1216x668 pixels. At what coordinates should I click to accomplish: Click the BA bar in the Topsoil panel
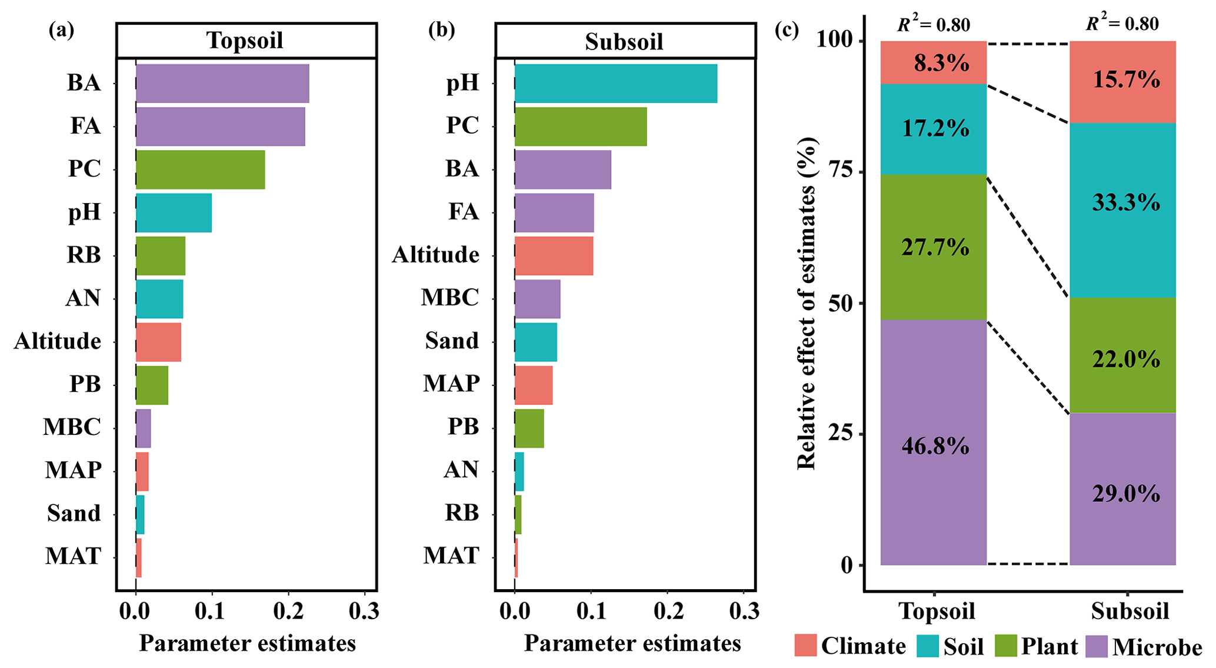pyautogui.click(x=222, y=84)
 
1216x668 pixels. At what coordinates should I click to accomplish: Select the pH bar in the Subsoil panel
pyautogui.click(x=615, y=84)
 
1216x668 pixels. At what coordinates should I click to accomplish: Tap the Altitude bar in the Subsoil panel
pyautogui.click(x=554, y=255)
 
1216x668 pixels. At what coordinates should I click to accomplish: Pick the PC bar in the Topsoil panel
pyautogui.click(x=200, y=170)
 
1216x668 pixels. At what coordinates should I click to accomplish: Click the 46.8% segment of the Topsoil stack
pyautogui.click(x=934, y=443)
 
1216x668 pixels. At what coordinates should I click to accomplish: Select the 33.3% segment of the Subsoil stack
pyautogui.click(x=1122, y=210)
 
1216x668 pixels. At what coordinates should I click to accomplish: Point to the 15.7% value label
pyautogui.click(x=1126, y=79)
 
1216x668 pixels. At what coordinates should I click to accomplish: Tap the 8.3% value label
pyautogui.click(x=941, y=62)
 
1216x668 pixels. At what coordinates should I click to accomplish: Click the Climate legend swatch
pyautogui.click(x=805, y=646)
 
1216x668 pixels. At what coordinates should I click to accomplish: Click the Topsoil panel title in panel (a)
pyautogui.click(x=245, y=41)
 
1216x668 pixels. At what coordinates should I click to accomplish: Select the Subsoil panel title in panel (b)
pyautogui.click(x=624, y=42)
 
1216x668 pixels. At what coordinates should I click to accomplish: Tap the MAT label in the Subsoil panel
pyautogui.click(x=451, y=556)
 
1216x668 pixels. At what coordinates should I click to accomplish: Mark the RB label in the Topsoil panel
pyautogui.click(x=84, y=255)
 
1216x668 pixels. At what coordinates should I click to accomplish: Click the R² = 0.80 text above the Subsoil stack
pyautogui.click(x=1122, y=24)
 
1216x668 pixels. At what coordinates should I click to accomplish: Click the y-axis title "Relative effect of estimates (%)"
pyautogui.click(x=807, y=303)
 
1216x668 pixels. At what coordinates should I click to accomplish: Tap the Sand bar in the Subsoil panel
pyautogui.click(x=535, y=341)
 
